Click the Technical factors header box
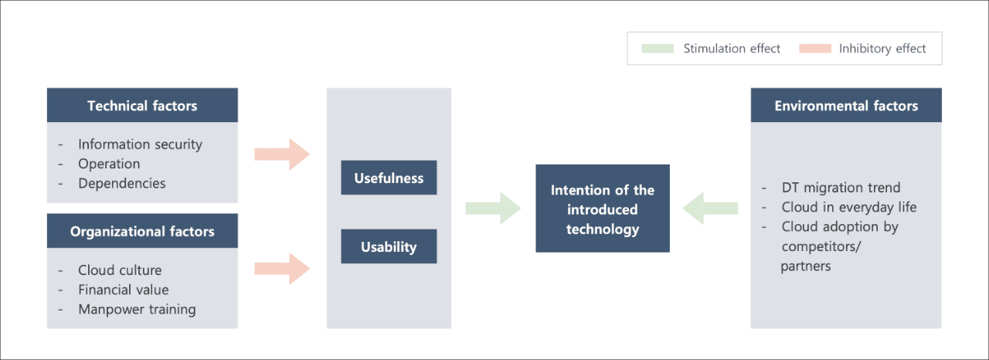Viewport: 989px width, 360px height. tap(142, 105)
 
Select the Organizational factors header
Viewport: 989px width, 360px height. tap(142, 231)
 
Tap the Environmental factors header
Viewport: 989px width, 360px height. tap(846, 105)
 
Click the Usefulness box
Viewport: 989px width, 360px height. tap(389, 178)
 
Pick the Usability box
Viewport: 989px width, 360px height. tap(389, 246)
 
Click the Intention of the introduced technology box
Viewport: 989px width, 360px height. tap(603, 209)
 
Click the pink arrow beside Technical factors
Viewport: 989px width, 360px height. tap(282, 154)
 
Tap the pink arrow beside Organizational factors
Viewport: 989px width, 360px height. tap(282, 268)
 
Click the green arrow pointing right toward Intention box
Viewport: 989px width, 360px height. tap(493, 209)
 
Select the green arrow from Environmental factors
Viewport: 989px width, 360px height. tap(710, 209)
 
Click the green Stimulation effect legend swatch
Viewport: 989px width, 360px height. tap(658, 49)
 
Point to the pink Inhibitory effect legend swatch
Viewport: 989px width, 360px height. tap(815, 49)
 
